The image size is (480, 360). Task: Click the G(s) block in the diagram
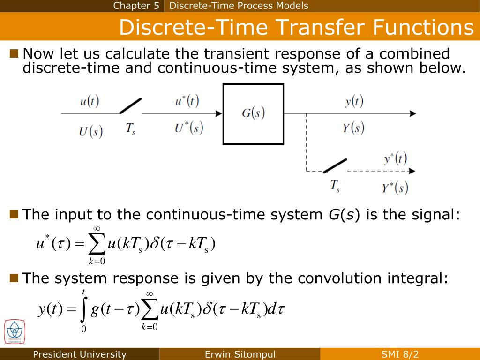click(x=253, y=113)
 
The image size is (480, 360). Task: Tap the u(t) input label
click(x=89, y=102)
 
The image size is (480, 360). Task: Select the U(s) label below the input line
click(x=90, y=131)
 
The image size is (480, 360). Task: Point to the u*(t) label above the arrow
click(x=187, y=101)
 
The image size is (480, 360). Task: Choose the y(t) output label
click(x=354, y=101)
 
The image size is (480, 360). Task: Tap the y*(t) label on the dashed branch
click(x=395, y=159)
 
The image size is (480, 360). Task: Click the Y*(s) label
click(x=395, y=188)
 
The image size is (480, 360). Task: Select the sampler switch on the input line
click(x=130, y=106)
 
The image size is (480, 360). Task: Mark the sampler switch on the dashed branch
click(x=335, y=165)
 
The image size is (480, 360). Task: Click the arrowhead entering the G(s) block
click(x=218, y=113)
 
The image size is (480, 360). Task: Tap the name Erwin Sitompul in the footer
click(x=240, y=354)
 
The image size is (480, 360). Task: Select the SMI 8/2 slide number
click(x=400, y=354)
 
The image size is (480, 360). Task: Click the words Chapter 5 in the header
click(x=136, y=6)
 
